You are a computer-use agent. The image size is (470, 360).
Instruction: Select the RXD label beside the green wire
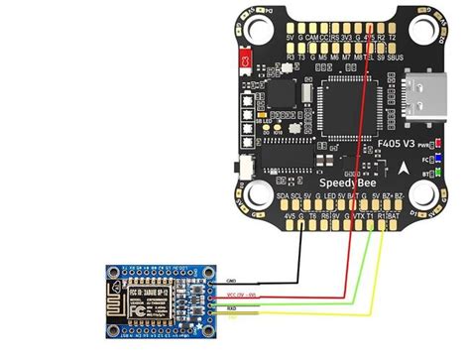click(x=232, y=308)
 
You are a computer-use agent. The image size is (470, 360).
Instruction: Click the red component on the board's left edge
click(x=242, y=63)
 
